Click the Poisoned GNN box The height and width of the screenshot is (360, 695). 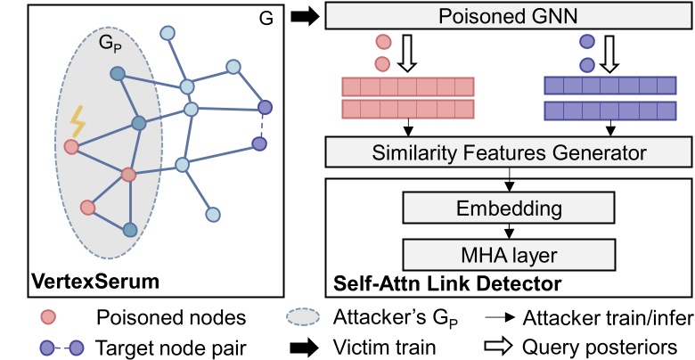point(509,17)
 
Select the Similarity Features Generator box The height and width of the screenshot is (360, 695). point(509,153)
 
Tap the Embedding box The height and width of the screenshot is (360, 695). point(509,208)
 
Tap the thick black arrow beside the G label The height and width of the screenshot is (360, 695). point(306,18)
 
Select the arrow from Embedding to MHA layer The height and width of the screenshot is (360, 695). point(509,231)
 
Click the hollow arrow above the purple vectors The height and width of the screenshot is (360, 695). point(609,54)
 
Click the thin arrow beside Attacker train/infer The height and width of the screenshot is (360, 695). point(501,318)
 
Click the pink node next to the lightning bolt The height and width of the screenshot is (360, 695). point(71,146)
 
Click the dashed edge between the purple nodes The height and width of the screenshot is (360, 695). point(262,126)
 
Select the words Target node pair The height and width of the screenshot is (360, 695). point(171,347)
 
